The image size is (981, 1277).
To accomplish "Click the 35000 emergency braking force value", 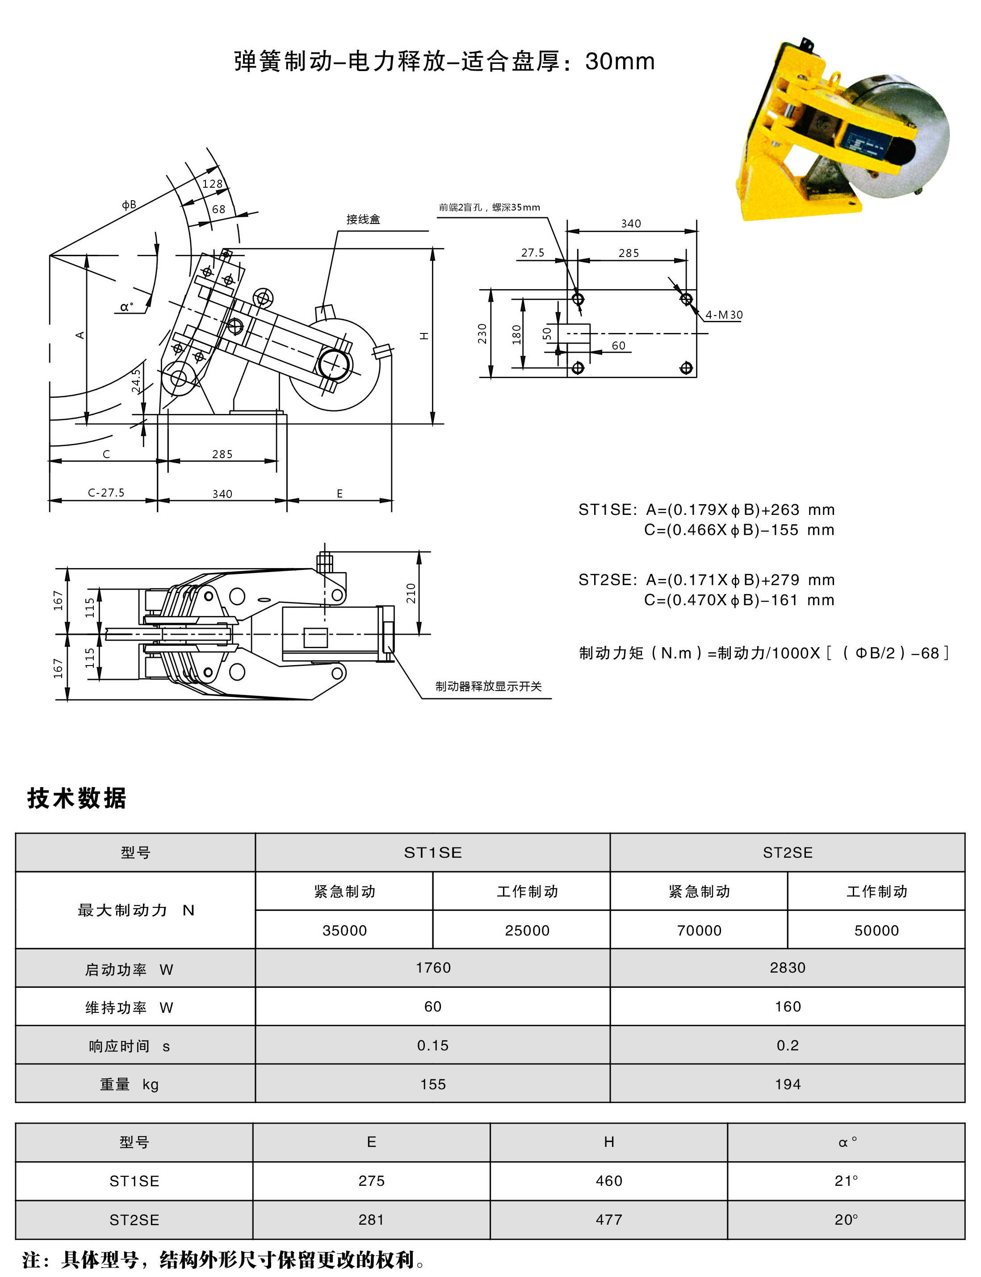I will click(344, 931).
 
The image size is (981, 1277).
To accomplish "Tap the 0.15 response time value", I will click(433, 1045).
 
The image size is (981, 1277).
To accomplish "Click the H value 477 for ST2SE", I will click(608, 1220).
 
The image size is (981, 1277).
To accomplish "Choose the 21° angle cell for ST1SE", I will click(846, 1180).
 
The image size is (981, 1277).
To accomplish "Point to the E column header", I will click(371, 1142).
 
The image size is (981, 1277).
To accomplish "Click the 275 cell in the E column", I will click(371, 1180).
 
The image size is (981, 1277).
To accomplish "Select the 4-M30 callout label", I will click(724, 315).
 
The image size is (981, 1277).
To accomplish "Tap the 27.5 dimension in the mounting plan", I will click(532, 253).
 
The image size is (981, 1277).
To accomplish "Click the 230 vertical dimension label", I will click(482, 333).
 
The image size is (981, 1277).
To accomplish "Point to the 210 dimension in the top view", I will click(411, 593).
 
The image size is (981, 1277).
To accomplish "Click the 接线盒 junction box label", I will click(363, 219).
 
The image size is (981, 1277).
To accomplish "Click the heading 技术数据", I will click(76, 798).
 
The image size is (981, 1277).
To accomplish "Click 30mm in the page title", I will click(620, 61).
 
